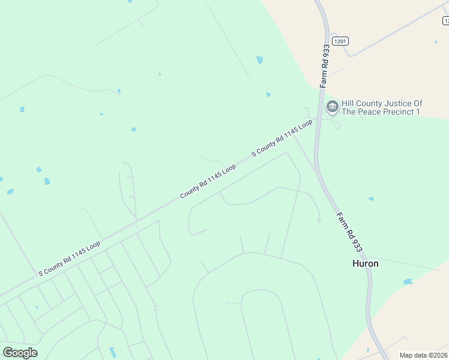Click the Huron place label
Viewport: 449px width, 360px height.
[x=365, y=263]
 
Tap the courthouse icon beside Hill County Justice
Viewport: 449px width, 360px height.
[x=332, y=107]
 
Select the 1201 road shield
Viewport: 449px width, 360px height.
[x=340, y=40]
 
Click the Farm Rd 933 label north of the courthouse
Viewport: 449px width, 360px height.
[x=325, y=65]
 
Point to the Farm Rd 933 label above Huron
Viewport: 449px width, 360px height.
[x=349, y=230]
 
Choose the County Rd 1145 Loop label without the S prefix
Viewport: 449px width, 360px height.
[x=208, y=182]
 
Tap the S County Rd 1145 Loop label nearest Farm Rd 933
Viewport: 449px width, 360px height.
[x=282, y=138]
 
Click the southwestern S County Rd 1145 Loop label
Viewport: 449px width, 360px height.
[x=69, y=259]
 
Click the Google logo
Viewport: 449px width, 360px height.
[x=20, y=352]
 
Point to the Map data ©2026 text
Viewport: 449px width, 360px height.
[x=423, y=355]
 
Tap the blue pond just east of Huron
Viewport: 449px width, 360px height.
[x=408, y=281]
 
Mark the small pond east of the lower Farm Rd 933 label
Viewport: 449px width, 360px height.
[x=371, y=199]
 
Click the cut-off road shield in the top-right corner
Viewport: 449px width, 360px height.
[x=445, y=21]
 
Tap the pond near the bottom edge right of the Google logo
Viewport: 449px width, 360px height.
[x=112, y=352]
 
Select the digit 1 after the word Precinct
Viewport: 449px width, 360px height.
[x=418, y=112]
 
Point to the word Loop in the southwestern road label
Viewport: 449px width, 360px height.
[x=92, y=247]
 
